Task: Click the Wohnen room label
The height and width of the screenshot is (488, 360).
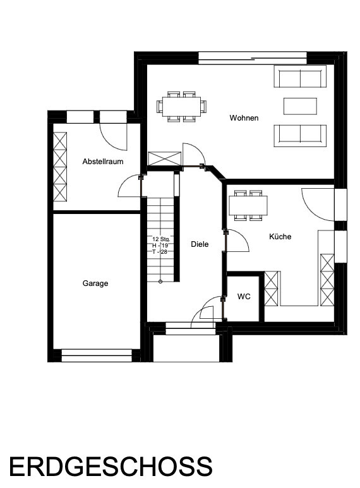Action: point(244,118)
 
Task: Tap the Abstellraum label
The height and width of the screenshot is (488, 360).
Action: point(103,162)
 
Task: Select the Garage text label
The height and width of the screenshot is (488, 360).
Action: point(95,283)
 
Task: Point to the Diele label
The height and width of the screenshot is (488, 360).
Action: point(200,244)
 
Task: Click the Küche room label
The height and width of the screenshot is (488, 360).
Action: point(280,237)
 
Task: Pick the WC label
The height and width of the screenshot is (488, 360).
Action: point(244,297)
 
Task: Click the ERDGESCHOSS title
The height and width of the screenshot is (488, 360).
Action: point(111,467)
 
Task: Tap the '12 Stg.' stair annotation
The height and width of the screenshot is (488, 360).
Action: point(161,239)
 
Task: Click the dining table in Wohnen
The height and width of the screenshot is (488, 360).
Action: point(181,107)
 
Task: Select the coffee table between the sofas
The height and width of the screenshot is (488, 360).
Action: point(300,106)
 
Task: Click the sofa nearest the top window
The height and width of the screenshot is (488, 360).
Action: point(300,76)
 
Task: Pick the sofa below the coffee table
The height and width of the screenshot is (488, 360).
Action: point(300,136)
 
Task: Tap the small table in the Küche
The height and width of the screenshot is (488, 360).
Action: point(248,205)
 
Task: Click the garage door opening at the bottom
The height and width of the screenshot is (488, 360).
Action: point(97,355)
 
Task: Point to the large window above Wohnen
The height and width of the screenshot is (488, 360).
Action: point(253,58)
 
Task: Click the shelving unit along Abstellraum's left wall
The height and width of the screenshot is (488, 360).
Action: point(60,167)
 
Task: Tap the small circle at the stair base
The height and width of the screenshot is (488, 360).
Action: point(160,282)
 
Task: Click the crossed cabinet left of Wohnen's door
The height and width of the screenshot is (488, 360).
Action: point(164,158)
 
